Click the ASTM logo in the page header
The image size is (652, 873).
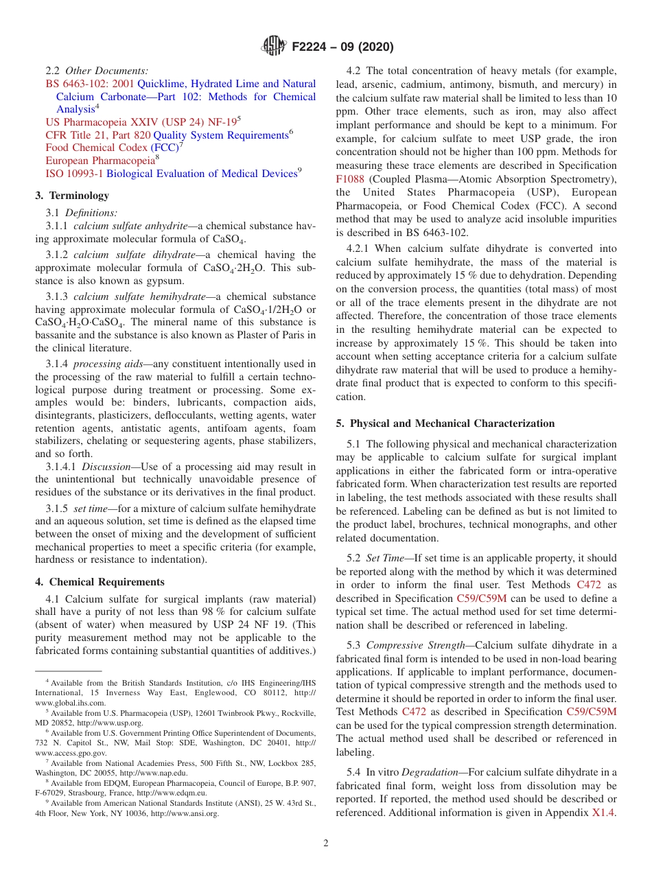(275, 47)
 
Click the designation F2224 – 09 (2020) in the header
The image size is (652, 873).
(342, 47)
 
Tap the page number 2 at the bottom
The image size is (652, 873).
(326, 843)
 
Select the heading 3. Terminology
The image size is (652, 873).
(72, 196)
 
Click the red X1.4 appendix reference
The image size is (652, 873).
(604, 813)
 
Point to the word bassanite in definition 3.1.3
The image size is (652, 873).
(58, 335)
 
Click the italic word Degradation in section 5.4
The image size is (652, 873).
(430, 773)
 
